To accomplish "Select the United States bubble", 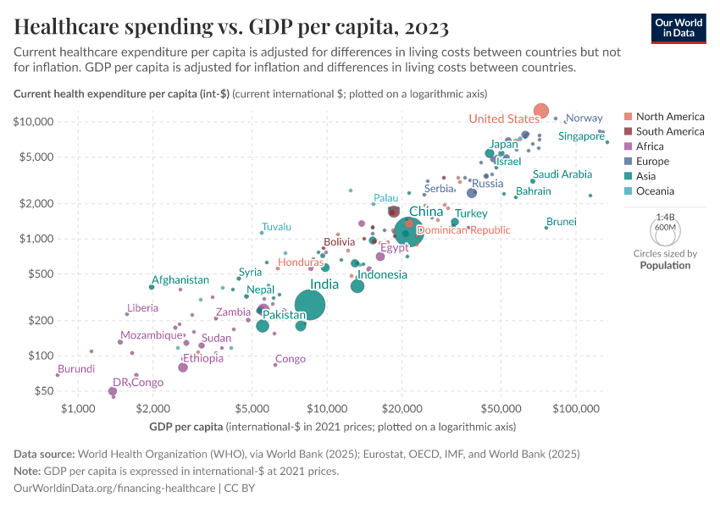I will click(x=541, y=111).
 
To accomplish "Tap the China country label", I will click(x=425, y=212).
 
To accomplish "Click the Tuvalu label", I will click(x=276, y=227).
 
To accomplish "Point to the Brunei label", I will click(x=562, y=222).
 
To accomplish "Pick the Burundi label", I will click(x=76, y=369).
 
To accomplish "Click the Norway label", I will click(x=584, y=119).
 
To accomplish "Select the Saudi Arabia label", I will click(x=562, y=174).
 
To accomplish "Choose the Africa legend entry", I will click(x=651, y=146).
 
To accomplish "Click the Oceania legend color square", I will click(x=628, y=191).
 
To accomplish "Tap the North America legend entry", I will click(x=669, y=117).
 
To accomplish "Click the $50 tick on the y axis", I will click(x=42, y=391).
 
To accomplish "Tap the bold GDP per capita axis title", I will click(x=186, y=426).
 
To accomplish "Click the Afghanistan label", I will click(x=180, y=280).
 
